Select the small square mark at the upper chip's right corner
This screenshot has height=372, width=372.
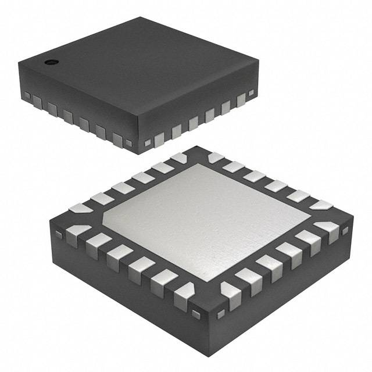[251, 92]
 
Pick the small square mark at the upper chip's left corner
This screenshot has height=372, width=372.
[26, 94]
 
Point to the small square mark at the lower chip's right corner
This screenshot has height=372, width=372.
[344, 231]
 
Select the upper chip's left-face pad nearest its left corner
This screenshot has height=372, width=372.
[37, 102]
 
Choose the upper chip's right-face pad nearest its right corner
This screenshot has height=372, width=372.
[241, 101]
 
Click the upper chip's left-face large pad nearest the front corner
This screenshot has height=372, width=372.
[118, 138]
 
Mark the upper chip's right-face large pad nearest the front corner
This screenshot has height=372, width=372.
[159, 137]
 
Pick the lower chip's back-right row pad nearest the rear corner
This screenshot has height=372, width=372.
[216, 157]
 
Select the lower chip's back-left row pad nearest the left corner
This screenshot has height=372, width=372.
[79, 207]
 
